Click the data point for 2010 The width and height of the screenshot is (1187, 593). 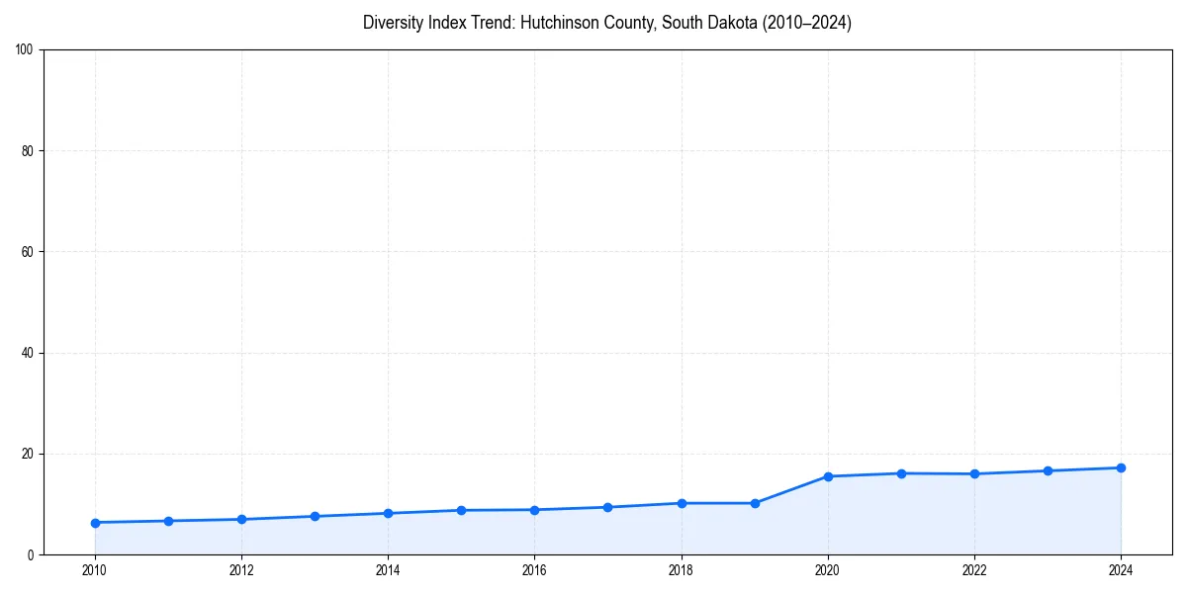tap(95, 522)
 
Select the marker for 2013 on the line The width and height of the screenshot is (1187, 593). tap(315, 516)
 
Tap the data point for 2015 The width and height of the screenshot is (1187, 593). tap(461, 510)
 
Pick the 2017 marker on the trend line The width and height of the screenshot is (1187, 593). tap(607, 507)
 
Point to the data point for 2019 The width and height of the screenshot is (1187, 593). tap(755, 503)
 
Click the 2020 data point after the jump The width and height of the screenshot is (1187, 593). tap(828, 476)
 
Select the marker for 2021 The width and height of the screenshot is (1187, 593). tap(901, 473)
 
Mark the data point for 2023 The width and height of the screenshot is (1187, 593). tap(1048, 470)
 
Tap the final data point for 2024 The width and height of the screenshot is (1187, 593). tap(1121, 467)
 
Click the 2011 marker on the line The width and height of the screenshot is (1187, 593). tap(168, 521)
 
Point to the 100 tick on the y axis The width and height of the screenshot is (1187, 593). tap(24, 49)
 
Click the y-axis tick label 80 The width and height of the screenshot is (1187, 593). tap(27, 151)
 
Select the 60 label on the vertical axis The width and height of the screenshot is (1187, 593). tap(27, 252)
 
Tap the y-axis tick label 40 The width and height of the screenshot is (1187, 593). tap(27, 353)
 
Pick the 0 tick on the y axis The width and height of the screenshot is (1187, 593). tap(31, 554)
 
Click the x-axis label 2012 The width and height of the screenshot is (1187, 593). tap(241, 570)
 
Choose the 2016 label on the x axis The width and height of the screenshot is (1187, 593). tap(534, 570)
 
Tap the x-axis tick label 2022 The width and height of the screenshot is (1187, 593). tap(974, 570)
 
